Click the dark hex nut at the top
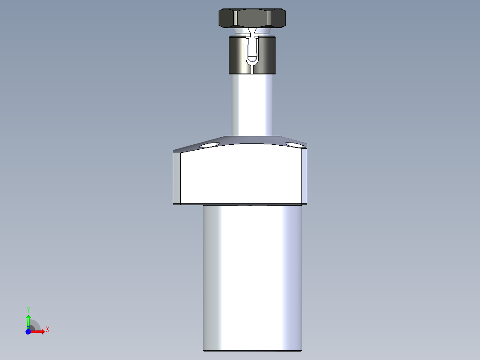click(252, 18)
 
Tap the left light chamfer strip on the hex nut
click(235, 18)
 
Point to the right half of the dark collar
click(266, 55)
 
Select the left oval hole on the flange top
click(209, 145)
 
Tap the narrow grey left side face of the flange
click(177, 177)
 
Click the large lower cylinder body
click(252, 276)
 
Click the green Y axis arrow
click(28, 320)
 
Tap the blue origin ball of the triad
click(28, 332)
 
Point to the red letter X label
click(47, 330)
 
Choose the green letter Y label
click(28, 310)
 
